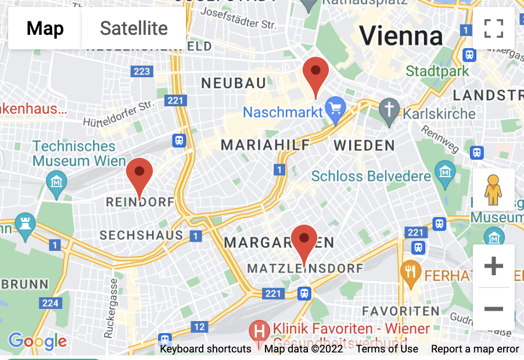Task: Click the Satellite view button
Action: (x=134, y=28)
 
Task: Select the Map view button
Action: (x=45, y=28)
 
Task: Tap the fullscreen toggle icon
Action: (x=493, y=28)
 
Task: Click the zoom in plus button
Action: (x=493, y=267)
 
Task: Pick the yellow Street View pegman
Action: (x=493, y=190)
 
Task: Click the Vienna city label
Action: (x=401, y=36)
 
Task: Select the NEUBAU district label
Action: (x=234, y=83)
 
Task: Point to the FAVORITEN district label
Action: (x=400, y=311)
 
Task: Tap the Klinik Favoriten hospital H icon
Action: (x=259, y=332)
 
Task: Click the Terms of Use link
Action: (x=387, y=349)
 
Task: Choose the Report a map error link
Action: (x=475, y=349)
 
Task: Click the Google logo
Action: (x=38, y=341)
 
